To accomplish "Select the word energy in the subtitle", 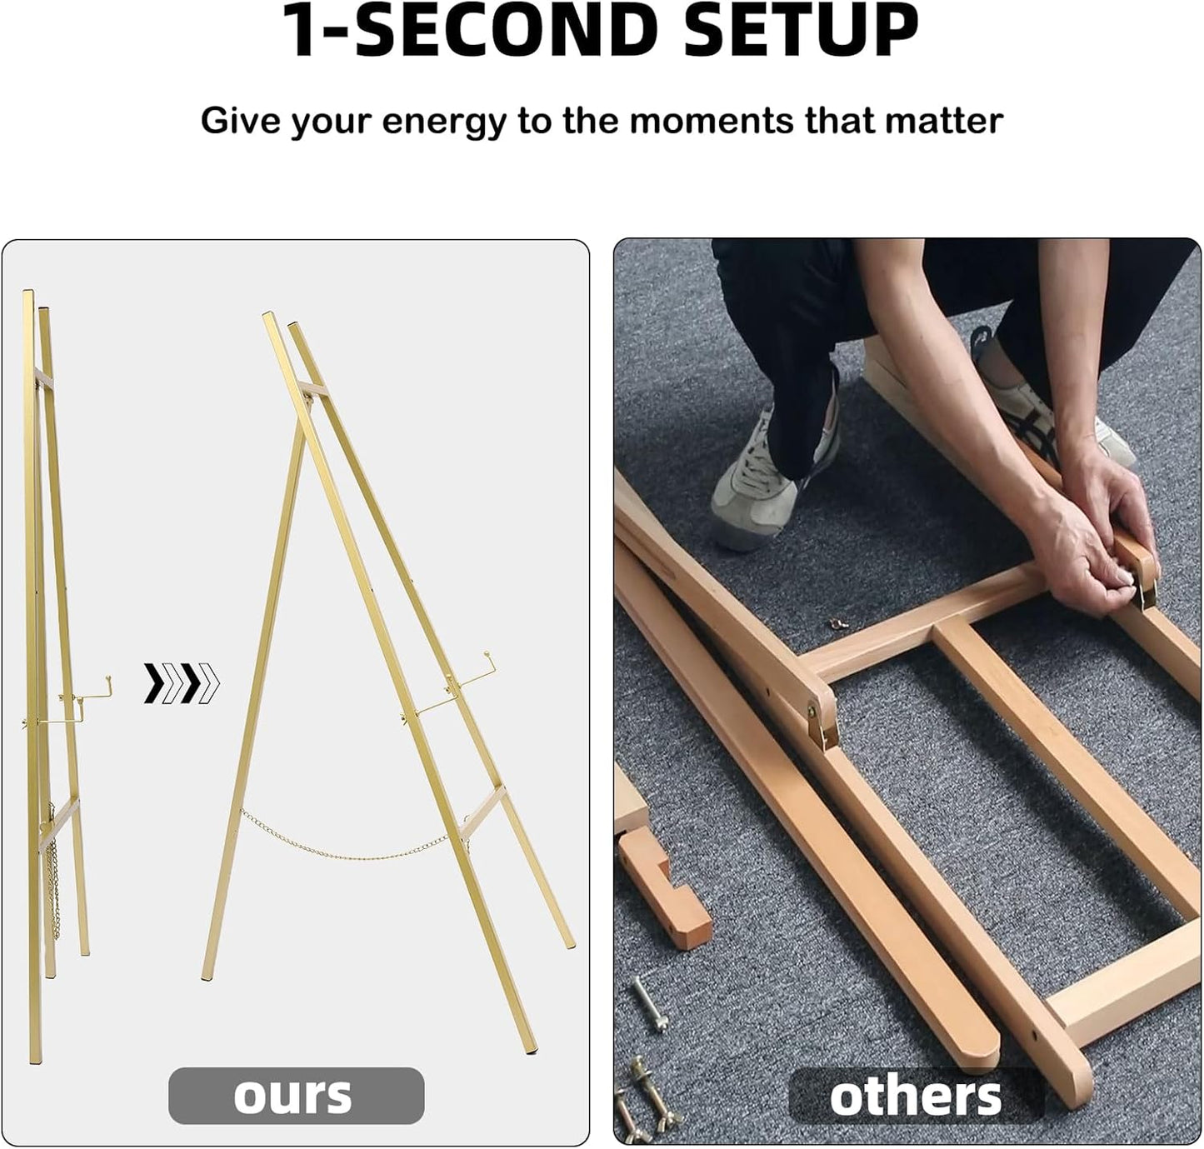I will coord(443,122).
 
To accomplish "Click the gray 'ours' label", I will coord(296,1095).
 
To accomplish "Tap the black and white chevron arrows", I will coord(182,683).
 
